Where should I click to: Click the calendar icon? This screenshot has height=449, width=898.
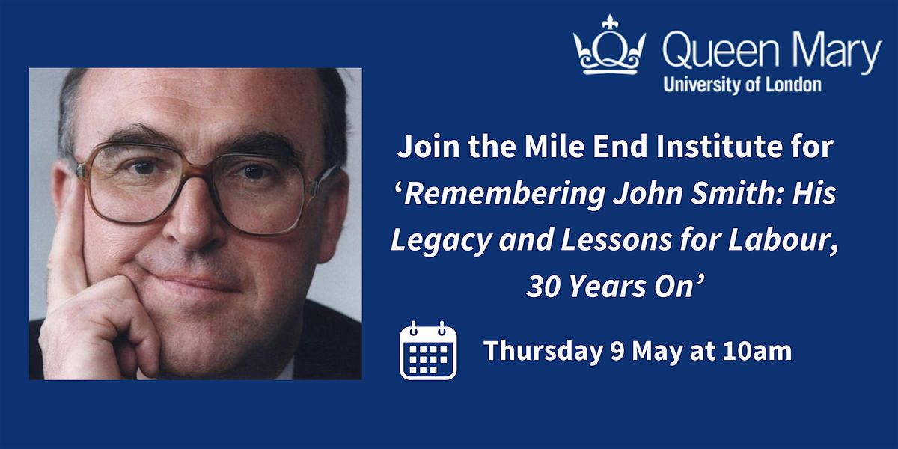[x=428, y=350]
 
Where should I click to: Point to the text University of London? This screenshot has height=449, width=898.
[x=742, y=85]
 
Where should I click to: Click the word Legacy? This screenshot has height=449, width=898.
[x=441, y=241]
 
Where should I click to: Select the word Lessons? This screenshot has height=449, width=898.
[x=616, y=239]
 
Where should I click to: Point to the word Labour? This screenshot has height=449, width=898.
[x=783, y=240]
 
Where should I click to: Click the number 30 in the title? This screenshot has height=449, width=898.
[x=543, y=287]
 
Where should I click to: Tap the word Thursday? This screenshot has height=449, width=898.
[x=543, y=351]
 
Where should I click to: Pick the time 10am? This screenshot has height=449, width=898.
[x=757, y=351]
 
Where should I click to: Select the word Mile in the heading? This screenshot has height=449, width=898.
[x=555, y=147]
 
